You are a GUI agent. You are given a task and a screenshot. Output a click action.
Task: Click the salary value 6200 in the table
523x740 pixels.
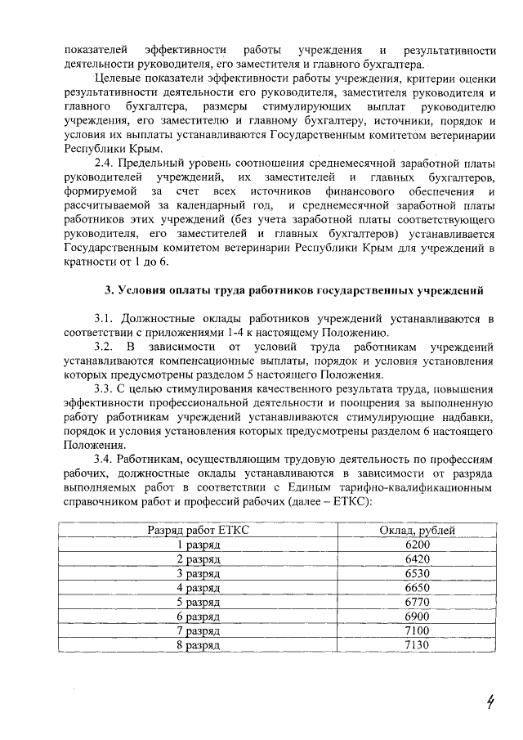point(417,545)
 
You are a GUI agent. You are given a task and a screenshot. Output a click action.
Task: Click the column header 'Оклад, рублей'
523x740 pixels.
point(417,530)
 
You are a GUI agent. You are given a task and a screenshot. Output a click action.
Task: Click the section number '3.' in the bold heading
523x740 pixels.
point(110,289)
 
